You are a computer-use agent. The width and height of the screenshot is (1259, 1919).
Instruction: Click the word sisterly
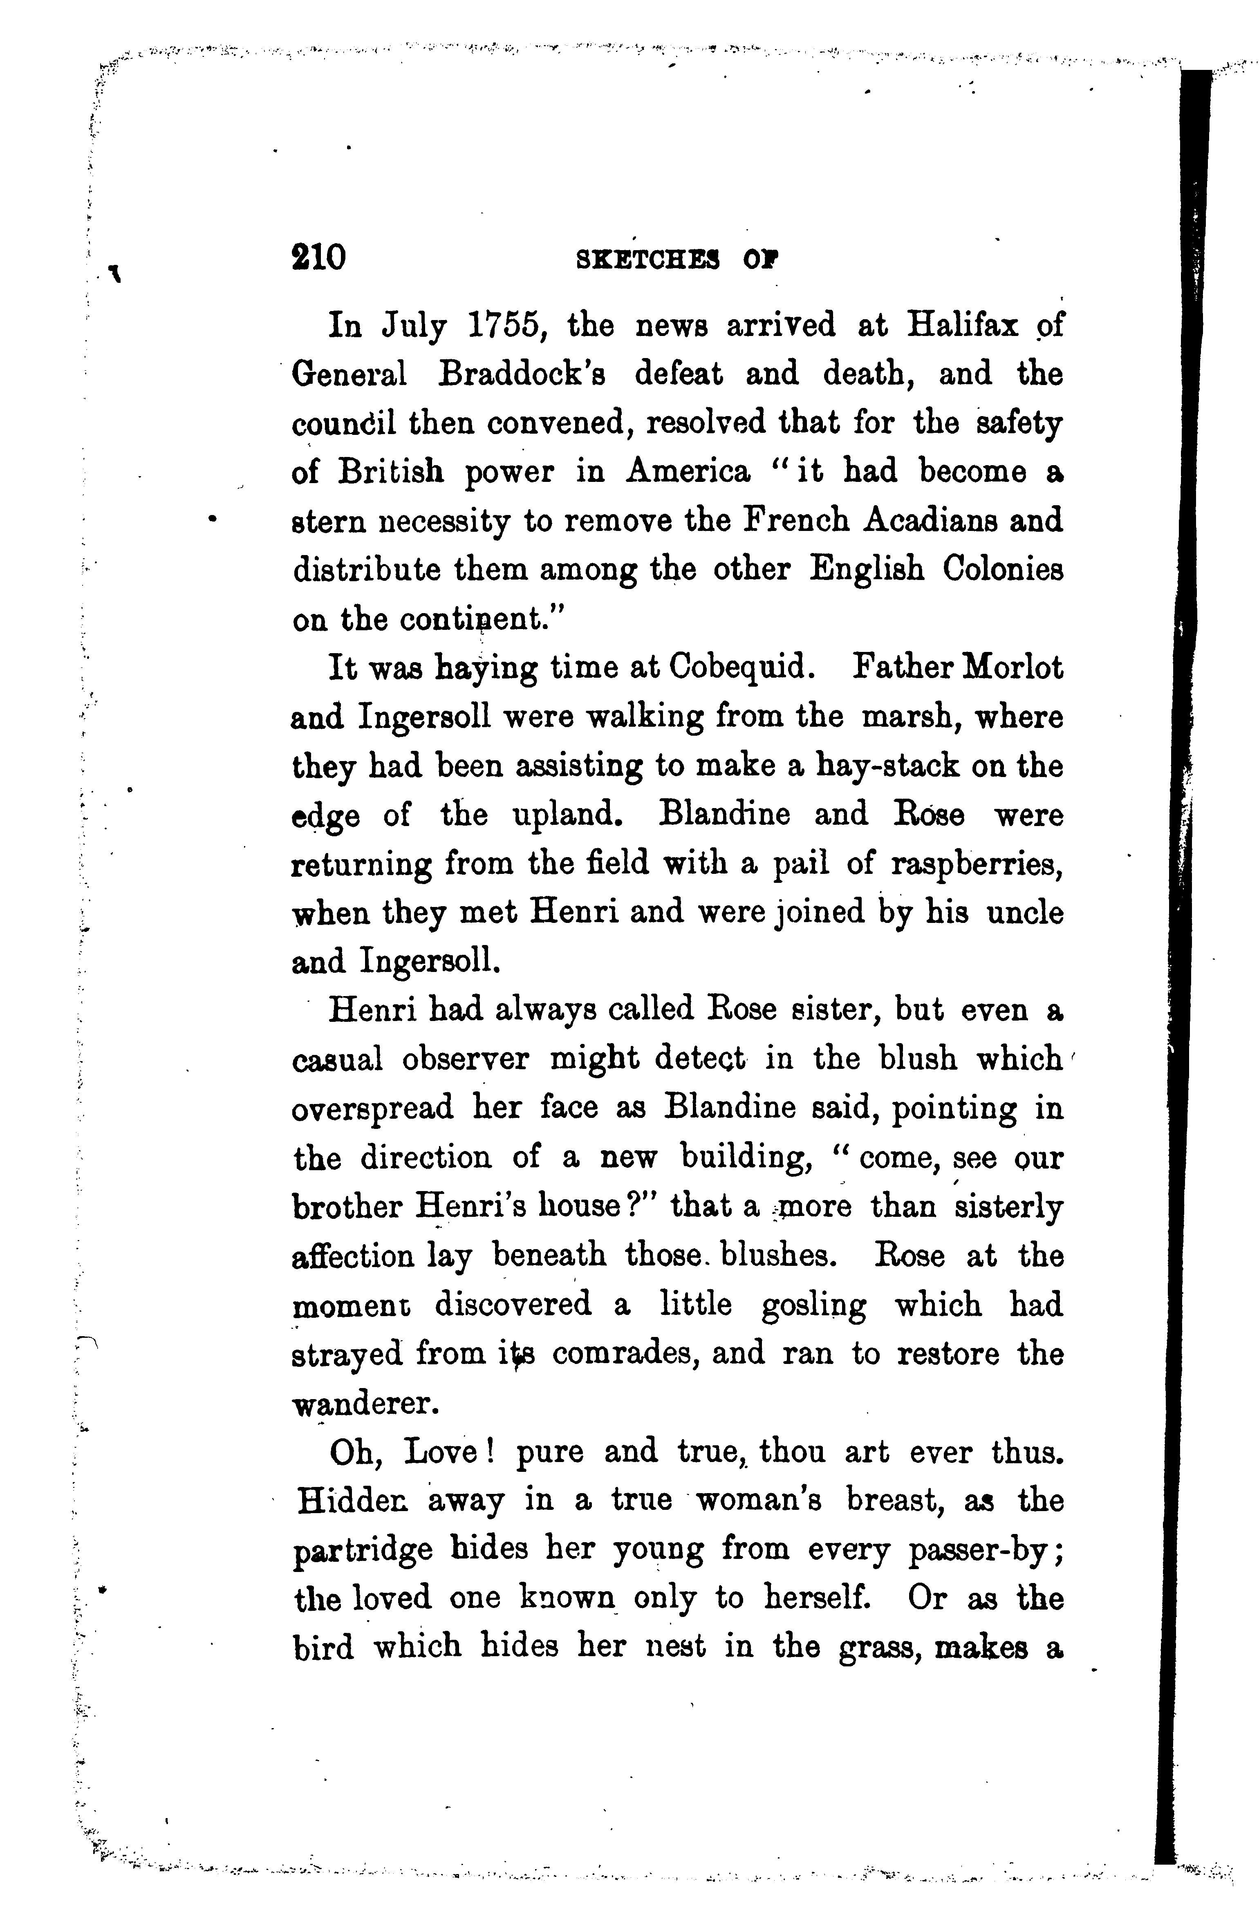[x=1008, y=1207]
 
